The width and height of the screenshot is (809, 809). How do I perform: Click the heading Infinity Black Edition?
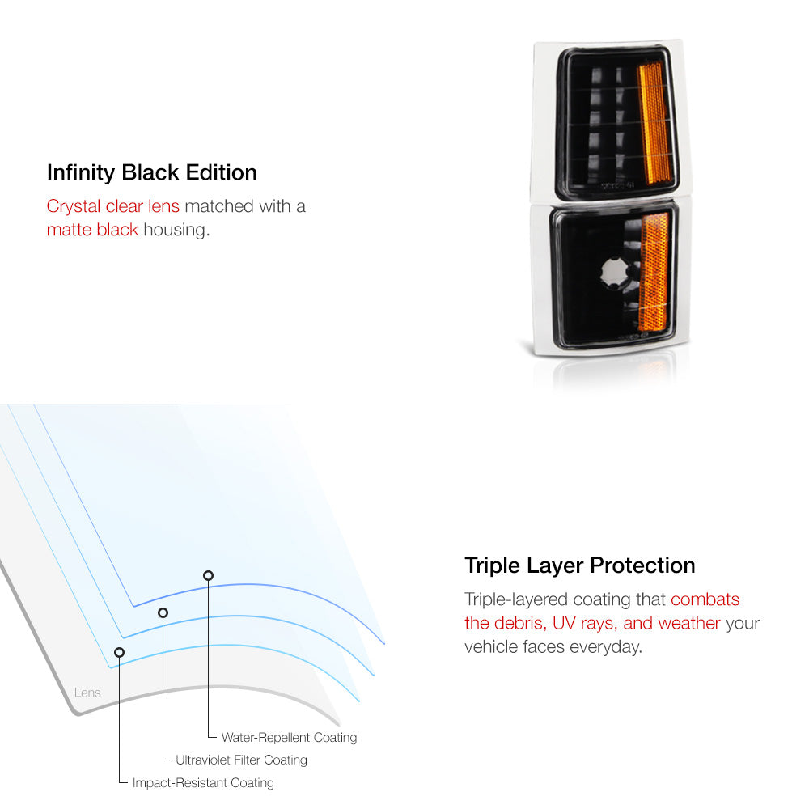tap(152, 173)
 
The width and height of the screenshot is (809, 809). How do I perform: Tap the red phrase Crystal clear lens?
tap(113, 206)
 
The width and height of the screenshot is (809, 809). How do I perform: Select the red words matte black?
tap(92, 230)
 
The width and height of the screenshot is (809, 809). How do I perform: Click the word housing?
tap(176, 230)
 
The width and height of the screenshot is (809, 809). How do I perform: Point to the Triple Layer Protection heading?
tap(580, 566)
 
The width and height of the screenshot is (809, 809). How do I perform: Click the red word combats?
tap(705, 599)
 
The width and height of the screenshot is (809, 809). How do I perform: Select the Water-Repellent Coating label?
tap(289, 737)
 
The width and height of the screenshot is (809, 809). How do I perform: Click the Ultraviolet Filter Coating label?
tap(241, 760)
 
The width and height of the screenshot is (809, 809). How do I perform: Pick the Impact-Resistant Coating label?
tap(203, 782)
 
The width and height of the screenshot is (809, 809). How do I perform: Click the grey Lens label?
tap(87, 693)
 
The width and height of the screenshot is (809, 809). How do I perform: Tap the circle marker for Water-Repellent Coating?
tap(209, 575)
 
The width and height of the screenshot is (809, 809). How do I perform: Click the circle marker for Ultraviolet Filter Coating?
tap(163, 612)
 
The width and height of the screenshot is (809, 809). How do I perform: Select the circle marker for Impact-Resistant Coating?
tap(119, 652)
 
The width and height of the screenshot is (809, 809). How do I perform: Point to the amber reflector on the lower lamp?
tap(654, 271)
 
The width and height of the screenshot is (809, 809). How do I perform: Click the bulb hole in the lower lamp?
tap(615, 273)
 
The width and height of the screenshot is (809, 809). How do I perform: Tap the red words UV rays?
tap(585, 623)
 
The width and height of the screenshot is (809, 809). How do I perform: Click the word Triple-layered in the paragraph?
tap(516, 600)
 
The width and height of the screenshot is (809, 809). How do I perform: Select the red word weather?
tap(689, 623)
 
